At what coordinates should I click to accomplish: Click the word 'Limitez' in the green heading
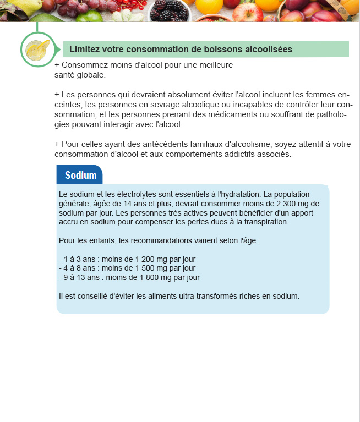coord(85,50)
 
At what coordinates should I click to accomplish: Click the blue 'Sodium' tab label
coord(80,176)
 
